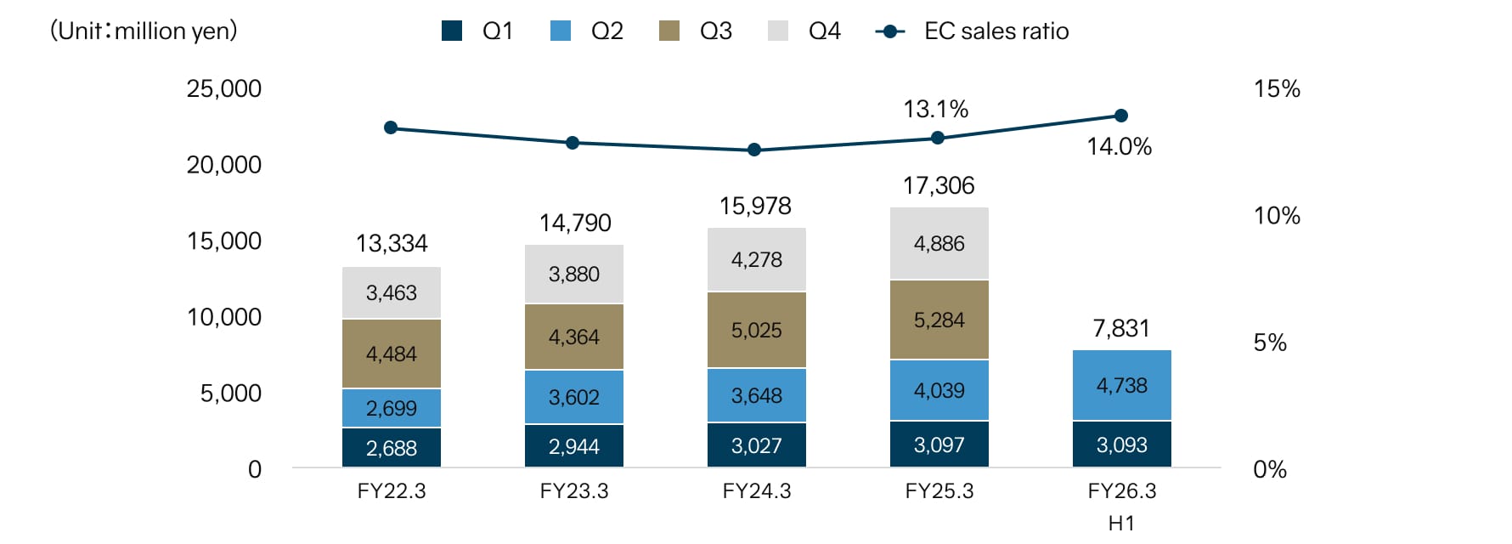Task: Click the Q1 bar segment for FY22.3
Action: tap(391, 447)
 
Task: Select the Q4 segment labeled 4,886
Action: tap(939, 244)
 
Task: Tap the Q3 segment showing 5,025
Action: tap(756, 330)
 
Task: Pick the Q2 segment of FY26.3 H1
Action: tap(1121, 386)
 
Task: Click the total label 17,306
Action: tap(939, 185)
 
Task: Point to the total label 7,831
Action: tap(1121, 328)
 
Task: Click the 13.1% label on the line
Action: tap(935, 109)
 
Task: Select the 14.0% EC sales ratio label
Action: tap(1119, 146)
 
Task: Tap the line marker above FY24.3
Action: tap(754, 150)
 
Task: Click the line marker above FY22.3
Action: tap(391, 127)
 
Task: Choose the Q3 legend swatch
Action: tap(669, 31)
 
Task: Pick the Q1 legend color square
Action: tap(452, 31)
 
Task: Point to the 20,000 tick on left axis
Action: tap(224, 165)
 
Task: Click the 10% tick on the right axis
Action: tap(1277, 216)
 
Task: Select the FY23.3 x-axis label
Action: tap(573, 491)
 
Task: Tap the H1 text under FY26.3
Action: tap(1121, 523)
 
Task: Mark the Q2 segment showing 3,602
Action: tap(573, 397)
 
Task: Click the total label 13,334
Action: tap(391, 244)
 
